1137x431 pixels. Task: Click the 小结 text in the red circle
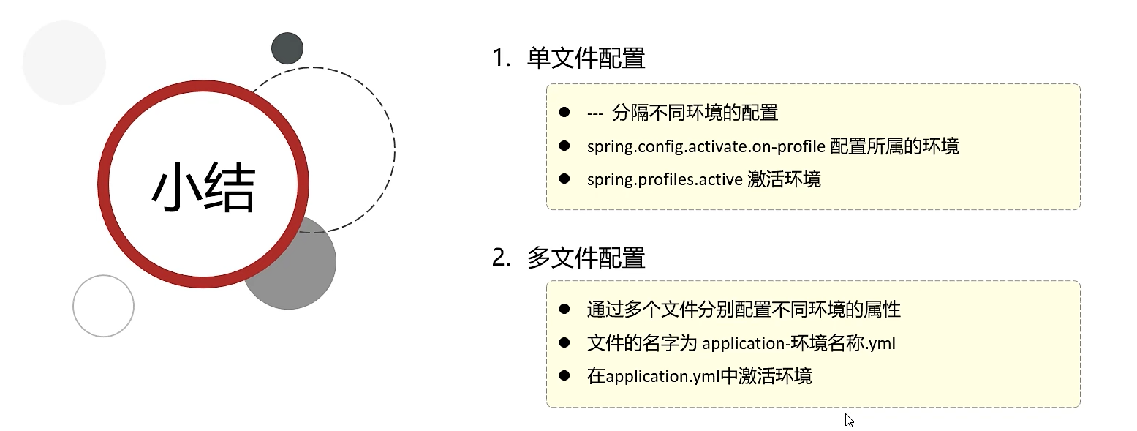click(x=203, y=187)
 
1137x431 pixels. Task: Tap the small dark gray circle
click(x=287, y=48)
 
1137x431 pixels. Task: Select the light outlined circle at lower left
click(x=104, y=306)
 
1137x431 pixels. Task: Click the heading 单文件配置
click(x=586, y=59)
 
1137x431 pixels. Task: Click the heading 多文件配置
click(x=586, y=258)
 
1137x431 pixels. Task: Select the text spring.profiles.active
click(x=664, y=180)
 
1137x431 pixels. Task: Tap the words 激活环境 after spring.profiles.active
click(x=784, y=180)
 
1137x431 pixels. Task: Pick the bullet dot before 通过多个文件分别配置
click(x=564, y=309)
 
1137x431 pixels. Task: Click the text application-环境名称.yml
click(x=798, y=342)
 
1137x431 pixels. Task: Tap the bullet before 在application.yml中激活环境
click(x=564, y=375)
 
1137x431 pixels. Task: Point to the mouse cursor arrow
click(x=848, y=419)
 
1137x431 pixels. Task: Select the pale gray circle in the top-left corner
click(x=64, y=63)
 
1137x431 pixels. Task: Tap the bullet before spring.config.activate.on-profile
click(x=564, y=146)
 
